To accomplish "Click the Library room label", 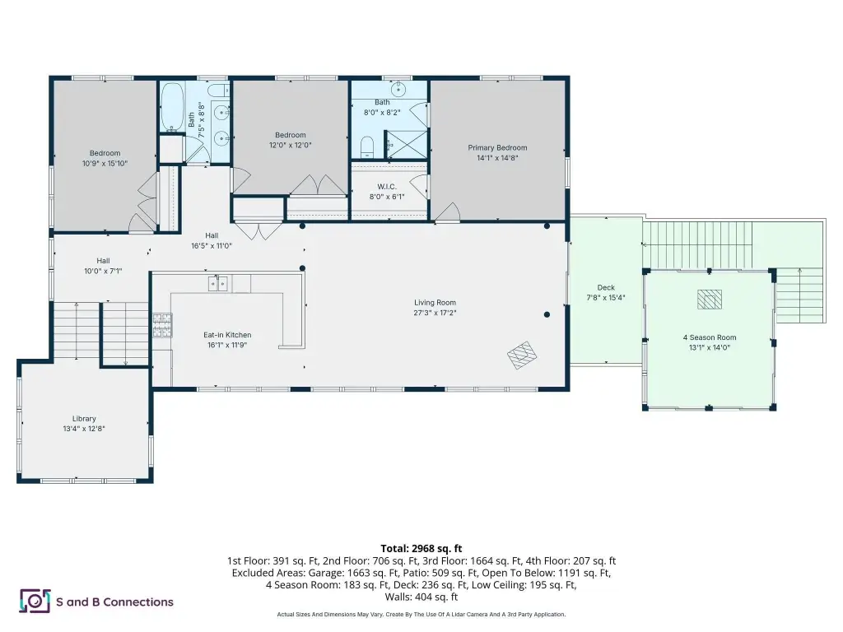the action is tap(85, 419).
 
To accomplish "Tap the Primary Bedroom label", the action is tap(497, 148).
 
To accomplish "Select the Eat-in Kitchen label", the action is tap(227, 335).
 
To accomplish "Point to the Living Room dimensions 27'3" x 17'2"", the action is tap(435, 313).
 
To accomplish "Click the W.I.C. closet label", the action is tap(387, 187).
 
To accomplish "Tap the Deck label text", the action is tap(606, 287).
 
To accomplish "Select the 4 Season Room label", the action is tap(710, 337).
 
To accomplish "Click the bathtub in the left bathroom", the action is tap(173, 107).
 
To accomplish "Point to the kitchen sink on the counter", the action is tap(217, 283).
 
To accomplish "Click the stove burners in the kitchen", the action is tap(162, 325).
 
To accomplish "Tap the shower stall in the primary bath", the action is tap(407, 144).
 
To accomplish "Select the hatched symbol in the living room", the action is tap(522, 355).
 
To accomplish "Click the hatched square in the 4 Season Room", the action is tap(710, 300).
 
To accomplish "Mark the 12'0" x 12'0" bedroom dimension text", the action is tap(291, 145).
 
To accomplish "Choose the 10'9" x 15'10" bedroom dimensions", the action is tap(105, 164).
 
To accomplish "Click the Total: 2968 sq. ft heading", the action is tap(421, 549).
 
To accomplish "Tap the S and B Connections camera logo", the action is tap(35, 601).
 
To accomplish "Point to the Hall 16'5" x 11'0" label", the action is tap(212, 241).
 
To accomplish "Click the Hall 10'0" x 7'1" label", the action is tap(103, 266).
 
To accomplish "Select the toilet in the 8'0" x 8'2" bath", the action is tap(366, 147).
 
